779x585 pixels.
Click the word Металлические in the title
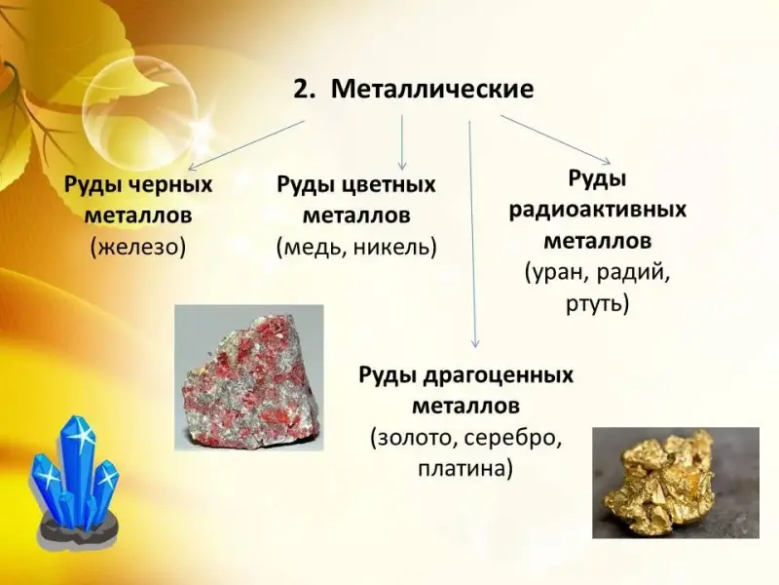coord(432,90)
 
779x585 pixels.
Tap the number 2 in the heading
coord(302,90)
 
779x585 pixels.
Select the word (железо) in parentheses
coord(138,248)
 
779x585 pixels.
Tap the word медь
coord(314,248)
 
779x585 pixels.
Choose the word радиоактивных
coord(598,210)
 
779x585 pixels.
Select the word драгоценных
coord(498,375)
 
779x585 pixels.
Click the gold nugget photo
coord(676,483)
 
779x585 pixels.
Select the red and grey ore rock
coord(249,378)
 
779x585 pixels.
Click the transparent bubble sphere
coord(140,112)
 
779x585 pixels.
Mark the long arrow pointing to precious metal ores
coord(472,234)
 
